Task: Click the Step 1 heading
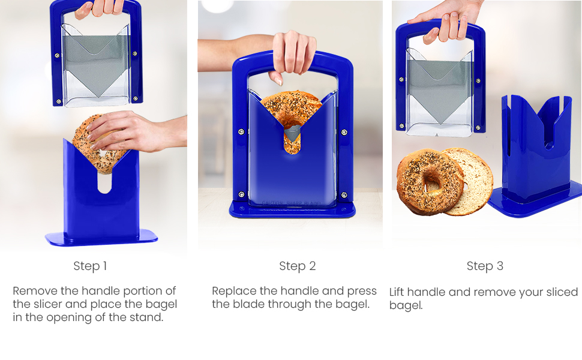point(90,266)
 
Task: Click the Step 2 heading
point(297,266)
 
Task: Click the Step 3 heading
point(485,266)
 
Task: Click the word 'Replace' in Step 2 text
point(235,291)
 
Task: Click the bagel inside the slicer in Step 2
point(292,111)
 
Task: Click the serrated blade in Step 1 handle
point(96,66)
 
